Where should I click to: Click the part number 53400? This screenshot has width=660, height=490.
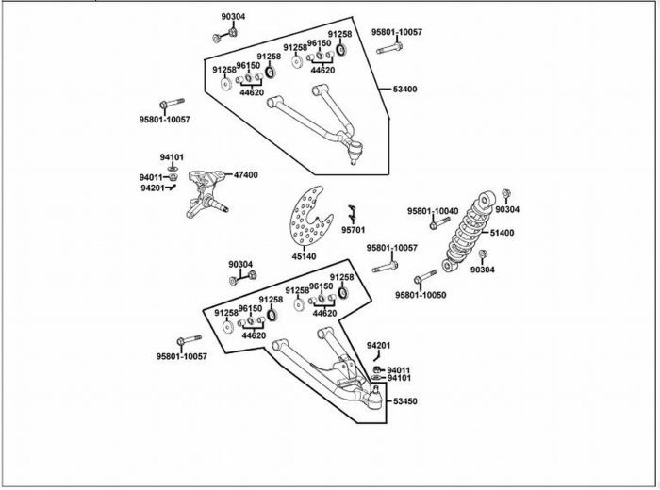coord(404,90)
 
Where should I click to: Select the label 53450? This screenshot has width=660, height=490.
coord(405,401)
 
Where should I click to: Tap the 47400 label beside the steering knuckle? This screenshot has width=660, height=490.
coord(246,174)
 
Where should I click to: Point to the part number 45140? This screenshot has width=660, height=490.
coord(304,256)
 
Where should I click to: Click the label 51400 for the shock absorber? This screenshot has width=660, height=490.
coord(502,233)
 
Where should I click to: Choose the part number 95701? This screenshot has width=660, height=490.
coord(354,230)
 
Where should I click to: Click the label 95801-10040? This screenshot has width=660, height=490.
coord(433,211)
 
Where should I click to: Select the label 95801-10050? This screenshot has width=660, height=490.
coord(421,295)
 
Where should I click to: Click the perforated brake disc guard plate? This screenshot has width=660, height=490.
coord(310,216)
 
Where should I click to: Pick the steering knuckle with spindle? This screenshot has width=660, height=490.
coord(206,194)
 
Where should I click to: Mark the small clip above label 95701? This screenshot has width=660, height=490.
coord(353,214)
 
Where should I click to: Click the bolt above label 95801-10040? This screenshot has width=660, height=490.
coord(440,223)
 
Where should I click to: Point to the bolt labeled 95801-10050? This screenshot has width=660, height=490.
coord(425,277)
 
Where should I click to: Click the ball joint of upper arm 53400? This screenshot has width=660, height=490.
coord(355,152)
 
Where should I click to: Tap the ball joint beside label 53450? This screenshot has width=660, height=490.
coord(375,398)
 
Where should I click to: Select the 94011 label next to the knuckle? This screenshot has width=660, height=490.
coord(151,177)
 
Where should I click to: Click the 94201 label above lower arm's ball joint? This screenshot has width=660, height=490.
coord(378,345)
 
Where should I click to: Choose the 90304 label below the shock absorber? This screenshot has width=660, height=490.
coord(483,269)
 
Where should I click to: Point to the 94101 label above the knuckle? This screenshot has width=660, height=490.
coord(172,157)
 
